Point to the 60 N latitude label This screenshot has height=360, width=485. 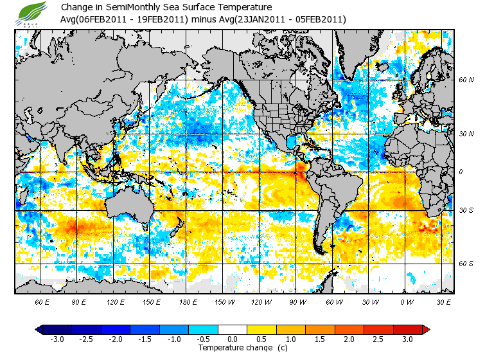pyautogui.click(x=466, y=80)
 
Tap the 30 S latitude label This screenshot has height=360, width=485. pyautogui.click(x=466, y=210)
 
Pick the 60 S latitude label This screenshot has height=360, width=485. pyautogui.click(x=466, y=264)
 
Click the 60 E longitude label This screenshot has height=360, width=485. pyautogui.click(x=42, y=301)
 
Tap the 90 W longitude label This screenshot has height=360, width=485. pyautogui.click(x=297, y=301)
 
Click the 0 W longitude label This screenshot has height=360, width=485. pyautogui.click(x=407, y=301)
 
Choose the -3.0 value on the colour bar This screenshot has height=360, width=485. pyautogui.click(x=57, y=339)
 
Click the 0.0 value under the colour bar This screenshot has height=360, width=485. pyautogui.click(x=234, y=339)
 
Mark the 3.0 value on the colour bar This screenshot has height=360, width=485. pyautogui.click(x=407, y=339)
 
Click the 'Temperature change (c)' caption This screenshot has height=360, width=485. pyautogui.click(x=233, y=348)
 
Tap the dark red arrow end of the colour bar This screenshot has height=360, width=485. pyautogui.click(x=426, y=329)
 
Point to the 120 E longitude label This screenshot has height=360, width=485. pyautogui.click(x=116, y=301)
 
